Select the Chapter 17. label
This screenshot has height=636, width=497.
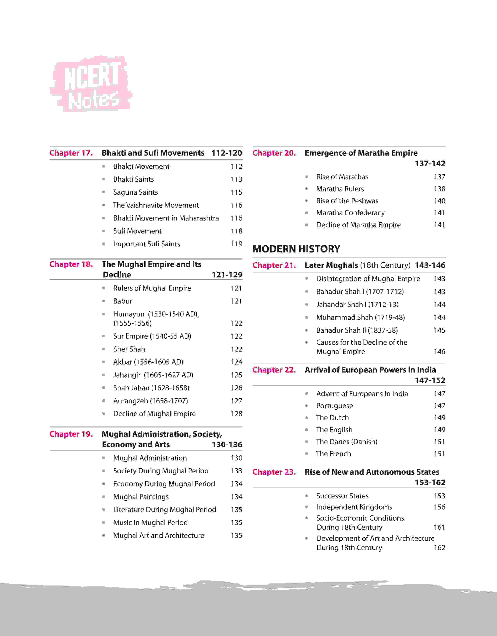pyautogui.click(x=71, y=153)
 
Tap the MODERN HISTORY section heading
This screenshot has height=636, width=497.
pyautogui.click(x=296, y=249)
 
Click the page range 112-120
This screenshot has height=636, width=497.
pyautogui.click(x=227, y=153)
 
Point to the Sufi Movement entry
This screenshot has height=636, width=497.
pyautogui.click(x=137, y=231)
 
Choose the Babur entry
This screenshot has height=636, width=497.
pyautogui.click(x=123, y=301)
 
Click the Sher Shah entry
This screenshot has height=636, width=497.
pyautogui.click(x=129, y=349)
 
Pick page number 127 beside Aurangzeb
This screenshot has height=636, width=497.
pyautogui.click(x=236, y=401)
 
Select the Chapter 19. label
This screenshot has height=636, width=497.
pyautogui.click(x=71, y=434)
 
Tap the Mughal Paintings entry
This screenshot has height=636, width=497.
pyautogui.click(x=141, y=497)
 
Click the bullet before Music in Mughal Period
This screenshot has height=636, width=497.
pyautogui.click(x=103, y=523)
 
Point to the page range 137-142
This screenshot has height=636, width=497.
pyautogui.click(x=430, y=164)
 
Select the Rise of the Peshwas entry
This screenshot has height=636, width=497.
pyautogui.click(x=347, y=201)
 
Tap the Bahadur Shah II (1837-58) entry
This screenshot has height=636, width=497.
pyautogui.click(x=357, y=330)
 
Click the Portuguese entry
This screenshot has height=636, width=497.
pyautogui.click(x=334, y=406)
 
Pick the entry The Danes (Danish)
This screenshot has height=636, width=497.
pyautogui.click(x=347, y=442)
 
